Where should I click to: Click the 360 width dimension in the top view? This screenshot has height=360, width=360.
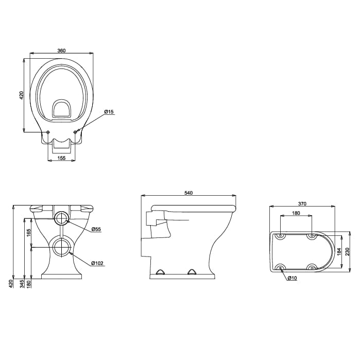[x=61, y=50]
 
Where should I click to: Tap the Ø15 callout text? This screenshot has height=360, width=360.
[x=109, y=112]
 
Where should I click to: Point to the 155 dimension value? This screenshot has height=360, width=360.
[x=61, y=158]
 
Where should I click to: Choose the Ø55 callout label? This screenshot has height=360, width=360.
[x=96, y=229]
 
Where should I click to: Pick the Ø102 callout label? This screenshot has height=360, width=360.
[x=97, y=263]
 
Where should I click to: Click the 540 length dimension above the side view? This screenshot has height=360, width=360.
[x=188, y=193]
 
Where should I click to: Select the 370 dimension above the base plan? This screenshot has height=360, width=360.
[x=302, y=204]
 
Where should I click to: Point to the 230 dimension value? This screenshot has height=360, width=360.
[x=348, y=251]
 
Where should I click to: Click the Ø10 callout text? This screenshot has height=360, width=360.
[x=292, y=278]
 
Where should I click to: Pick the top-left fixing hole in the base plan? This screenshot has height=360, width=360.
[x=280, y=236]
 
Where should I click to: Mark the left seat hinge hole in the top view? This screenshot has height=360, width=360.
[x=48, y=132]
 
